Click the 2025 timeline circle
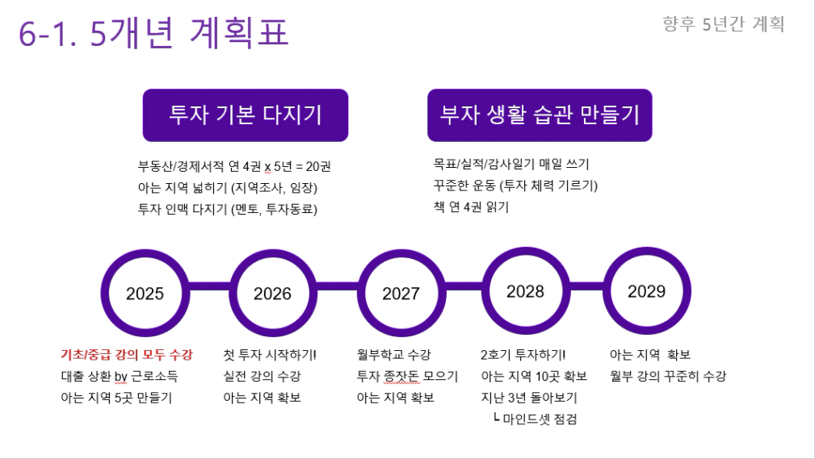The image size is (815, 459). click(104, 294)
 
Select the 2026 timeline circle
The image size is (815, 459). click(233, 294)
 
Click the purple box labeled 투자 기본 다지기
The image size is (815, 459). click(246, 115)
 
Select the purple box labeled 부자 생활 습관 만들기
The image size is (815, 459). click(540, 115)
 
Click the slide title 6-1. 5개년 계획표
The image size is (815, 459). click(153, 33)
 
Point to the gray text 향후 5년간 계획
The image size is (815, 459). click(724, 24)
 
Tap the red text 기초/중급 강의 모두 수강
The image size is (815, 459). click(127, 355)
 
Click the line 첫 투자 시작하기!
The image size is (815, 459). click(270, 355)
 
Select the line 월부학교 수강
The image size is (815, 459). click(393, 355)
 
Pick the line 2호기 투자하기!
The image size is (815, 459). click(523, 355)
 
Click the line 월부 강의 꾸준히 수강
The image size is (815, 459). click(668, 376)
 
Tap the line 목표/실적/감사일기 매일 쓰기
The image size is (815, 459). click(511, 164)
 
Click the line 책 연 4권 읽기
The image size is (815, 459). click(471, 207)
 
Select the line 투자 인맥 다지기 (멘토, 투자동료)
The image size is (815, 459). click(228, 209)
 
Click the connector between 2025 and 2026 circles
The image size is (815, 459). click(209, 286)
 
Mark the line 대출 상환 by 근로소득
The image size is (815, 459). click(120, 376)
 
